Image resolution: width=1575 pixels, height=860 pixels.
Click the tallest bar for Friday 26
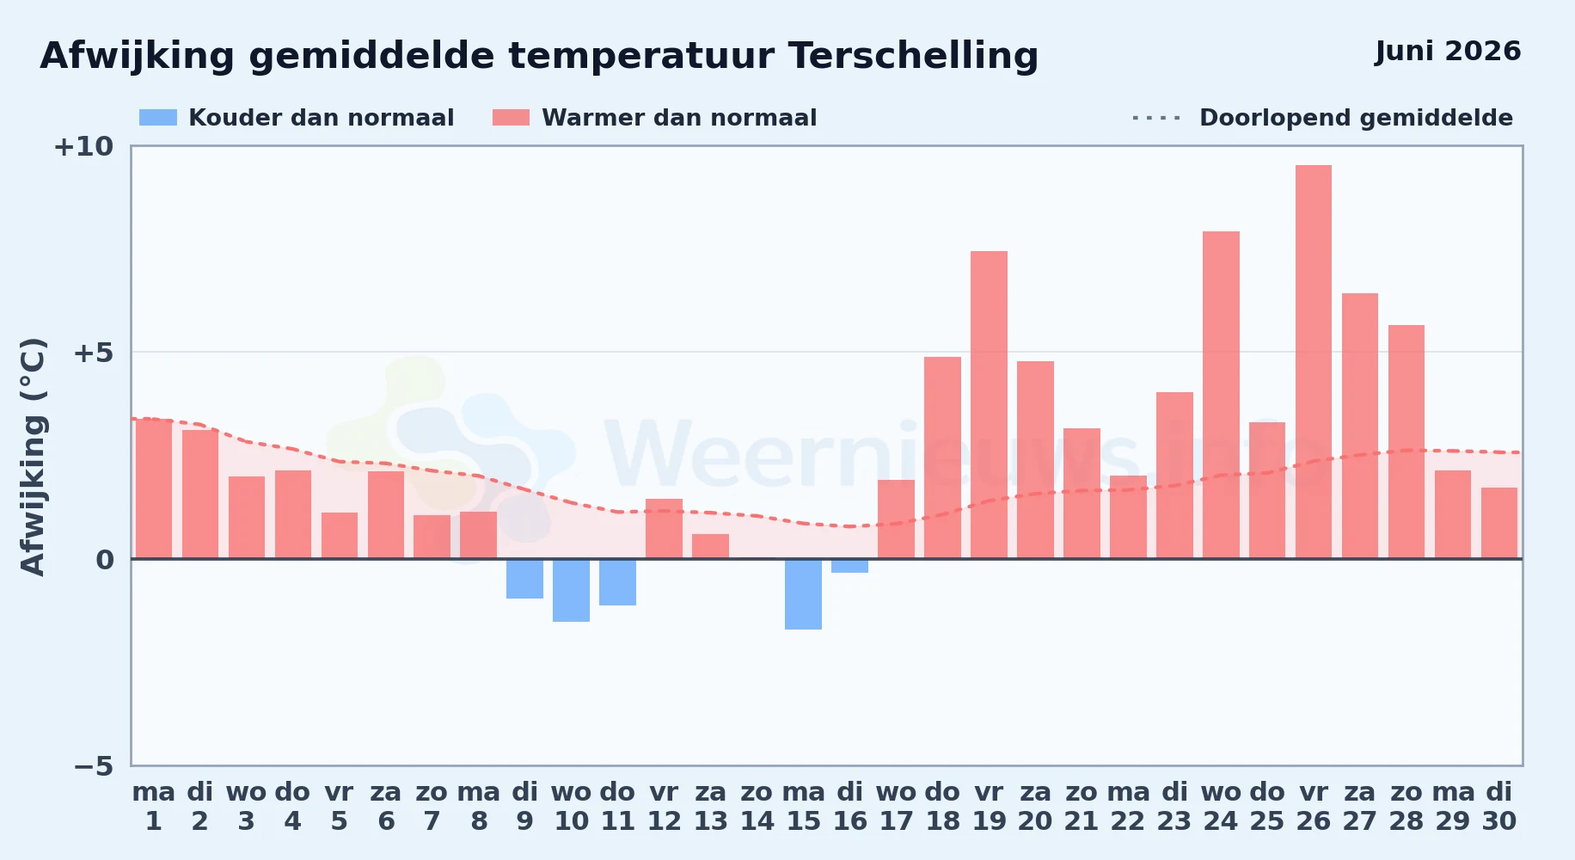[x=1314, y=362]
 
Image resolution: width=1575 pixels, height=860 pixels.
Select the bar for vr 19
[x=989, y=405]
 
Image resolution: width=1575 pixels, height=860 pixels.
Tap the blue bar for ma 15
[x=803, y=594]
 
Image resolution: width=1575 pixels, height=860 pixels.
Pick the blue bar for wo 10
[x=571, y=590]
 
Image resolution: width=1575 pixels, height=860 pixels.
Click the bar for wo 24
[x=1221, y=395]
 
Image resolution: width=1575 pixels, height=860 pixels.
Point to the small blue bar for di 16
[x=849, y=566]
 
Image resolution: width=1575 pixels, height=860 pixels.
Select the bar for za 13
[x=710, y=546]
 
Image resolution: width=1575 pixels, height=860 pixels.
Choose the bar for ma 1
[x=154, y=488]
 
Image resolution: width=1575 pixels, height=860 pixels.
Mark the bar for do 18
[x=942, y=458]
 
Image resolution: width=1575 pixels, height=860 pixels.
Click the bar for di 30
[x=1499, y=523]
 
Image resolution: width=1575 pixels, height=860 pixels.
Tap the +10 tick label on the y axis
[x=83, y=146]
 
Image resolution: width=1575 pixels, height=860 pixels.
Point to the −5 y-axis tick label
[x=93, y=765]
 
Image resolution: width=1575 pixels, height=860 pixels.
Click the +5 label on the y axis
[x=93, y=353]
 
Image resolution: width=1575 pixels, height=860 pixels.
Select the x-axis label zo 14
[x=757, y=807]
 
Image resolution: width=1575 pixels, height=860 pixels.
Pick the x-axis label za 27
[x=1360, y=807]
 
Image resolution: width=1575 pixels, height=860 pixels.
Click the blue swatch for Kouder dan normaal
[x=158, y=118]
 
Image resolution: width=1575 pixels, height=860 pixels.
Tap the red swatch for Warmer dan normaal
[x=511, y=118]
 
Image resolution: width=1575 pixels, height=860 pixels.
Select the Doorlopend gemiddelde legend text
[x=1356, y=118]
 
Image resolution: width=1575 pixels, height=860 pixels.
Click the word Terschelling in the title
[x=913, y=56]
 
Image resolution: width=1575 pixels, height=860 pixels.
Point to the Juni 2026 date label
[x=1448, y=51]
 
